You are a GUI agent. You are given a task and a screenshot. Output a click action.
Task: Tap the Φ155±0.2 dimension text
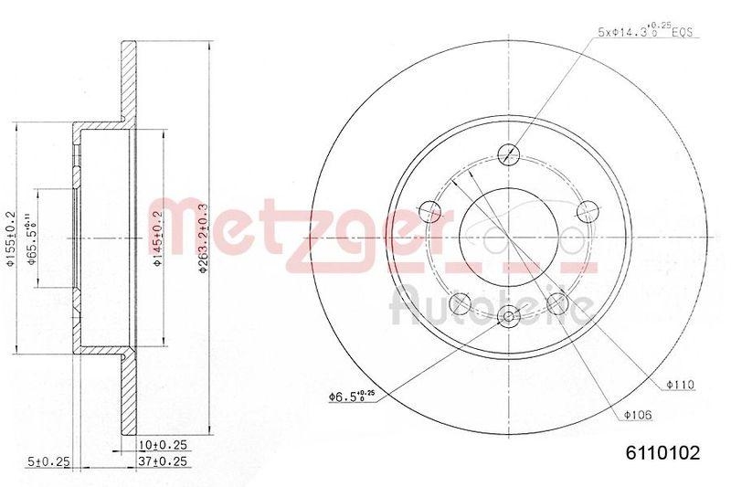coord(8,240)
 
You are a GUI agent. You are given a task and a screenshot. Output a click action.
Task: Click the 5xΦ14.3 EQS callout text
coord(644,32)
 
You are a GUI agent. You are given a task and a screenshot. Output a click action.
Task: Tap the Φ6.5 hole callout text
coord(352,396)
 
